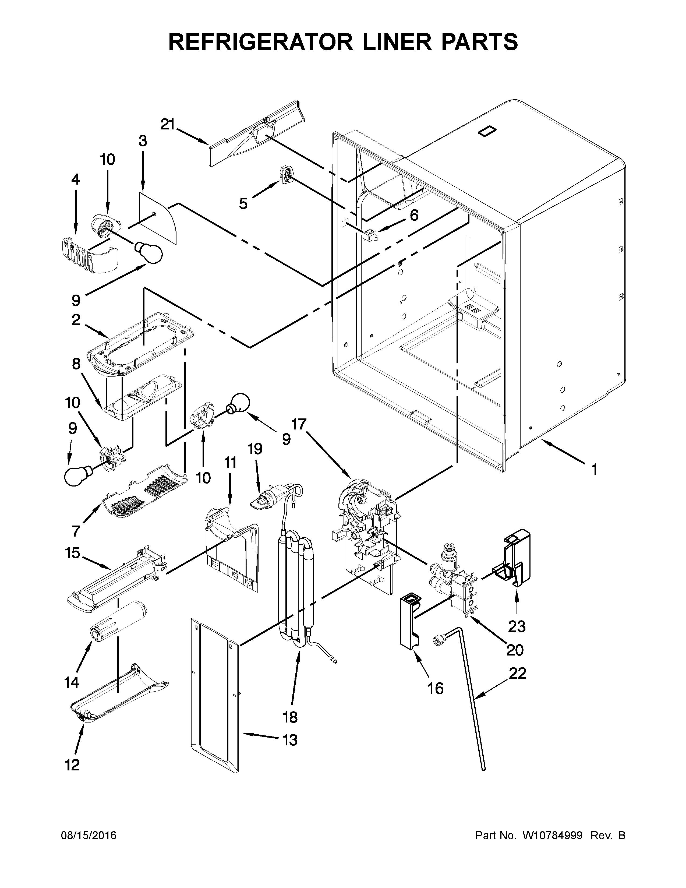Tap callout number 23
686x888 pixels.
[517, 626]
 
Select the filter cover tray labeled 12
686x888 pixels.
[118, 698]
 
